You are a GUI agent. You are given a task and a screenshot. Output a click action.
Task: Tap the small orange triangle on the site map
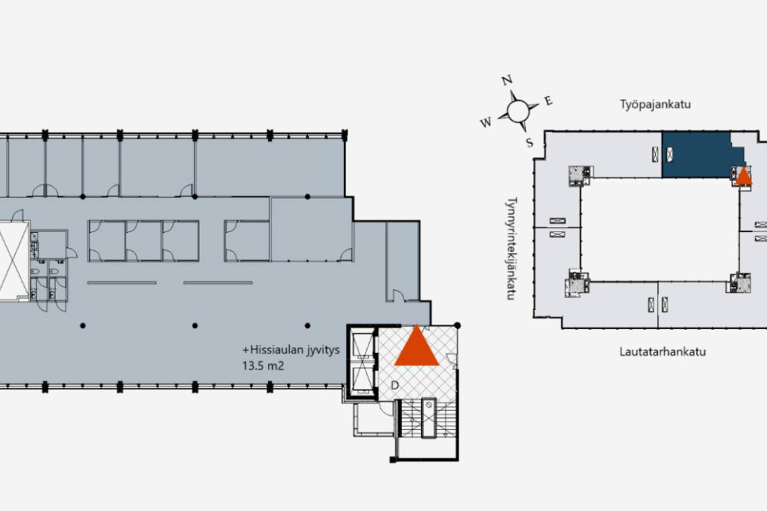coord(743,176)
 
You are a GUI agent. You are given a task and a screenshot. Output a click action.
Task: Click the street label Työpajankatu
coord(655,105)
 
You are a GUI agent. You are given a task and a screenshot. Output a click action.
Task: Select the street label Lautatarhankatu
coord(662,352)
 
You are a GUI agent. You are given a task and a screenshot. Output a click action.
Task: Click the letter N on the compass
coord(507,81)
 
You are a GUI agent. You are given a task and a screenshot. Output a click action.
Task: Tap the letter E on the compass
coord(548,101)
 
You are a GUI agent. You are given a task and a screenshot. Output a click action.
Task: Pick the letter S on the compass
coord(530,143)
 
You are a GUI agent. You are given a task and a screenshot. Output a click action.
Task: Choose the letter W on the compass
coord(486,123)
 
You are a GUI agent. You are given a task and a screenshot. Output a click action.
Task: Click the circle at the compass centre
coord(518,111)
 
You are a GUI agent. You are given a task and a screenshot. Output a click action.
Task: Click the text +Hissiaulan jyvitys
coord(291,350)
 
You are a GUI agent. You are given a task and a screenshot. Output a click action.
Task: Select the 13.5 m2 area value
coord(263,366)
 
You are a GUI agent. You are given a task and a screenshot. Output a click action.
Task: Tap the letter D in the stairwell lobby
coord(395,385)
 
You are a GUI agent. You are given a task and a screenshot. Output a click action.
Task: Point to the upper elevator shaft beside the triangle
coord(362,345)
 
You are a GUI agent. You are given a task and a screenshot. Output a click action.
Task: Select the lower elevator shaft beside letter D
coord(362,379)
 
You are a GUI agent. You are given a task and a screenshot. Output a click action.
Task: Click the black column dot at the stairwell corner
coord(457,326)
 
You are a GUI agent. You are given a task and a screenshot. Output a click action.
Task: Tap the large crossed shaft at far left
coord(13,261)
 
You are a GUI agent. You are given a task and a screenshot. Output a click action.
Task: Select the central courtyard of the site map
coord(659,230)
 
